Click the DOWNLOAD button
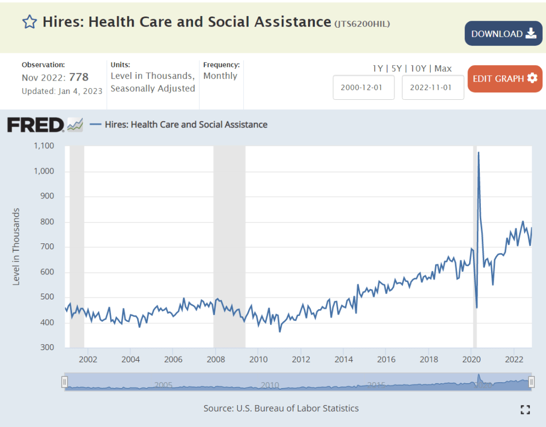pos(503,34)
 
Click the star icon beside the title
pos(29,22)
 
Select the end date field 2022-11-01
pos(432,88)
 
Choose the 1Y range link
pos(377,68)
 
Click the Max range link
pos(443,68)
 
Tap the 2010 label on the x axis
pos(258,358)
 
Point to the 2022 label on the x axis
pos(513,358)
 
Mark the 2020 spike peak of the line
pos(478,153)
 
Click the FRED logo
pos(35,124)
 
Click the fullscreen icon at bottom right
pos(525,409)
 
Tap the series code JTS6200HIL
pos(362,23)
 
